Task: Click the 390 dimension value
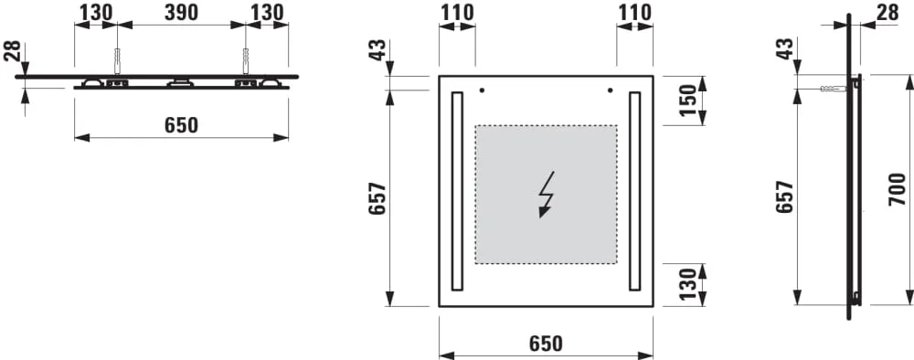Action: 181,12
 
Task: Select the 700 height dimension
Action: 898,189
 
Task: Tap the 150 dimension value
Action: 688,101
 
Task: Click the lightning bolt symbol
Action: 547,194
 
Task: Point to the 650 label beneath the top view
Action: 181,124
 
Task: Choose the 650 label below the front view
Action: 547,344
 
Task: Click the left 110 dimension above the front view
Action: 457,12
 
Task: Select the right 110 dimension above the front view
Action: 634,12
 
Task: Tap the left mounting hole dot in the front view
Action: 482,90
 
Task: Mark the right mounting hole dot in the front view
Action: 611,90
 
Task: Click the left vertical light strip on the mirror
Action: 457,191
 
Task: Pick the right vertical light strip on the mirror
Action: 635,191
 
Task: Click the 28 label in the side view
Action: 887,12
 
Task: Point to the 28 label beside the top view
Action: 12,50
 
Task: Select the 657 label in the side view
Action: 786,196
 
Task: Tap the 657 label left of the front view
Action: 377,198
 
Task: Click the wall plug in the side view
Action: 831,89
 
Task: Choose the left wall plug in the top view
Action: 117,60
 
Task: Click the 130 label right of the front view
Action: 688,284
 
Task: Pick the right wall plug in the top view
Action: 245,60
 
